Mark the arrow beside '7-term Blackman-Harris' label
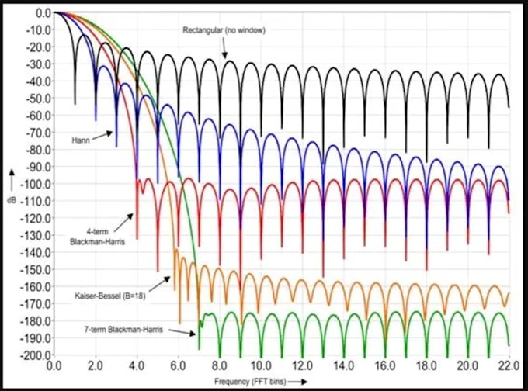click(182, 333)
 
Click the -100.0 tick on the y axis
click(37, 184)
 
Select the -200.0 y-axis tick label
click(37, 355)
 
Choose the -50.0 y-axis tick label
click(39, 99)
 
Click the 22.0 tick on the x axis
click(508, 365)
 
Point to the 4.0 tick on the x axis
click(137, 365)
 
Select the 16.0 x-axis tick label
click(384, 365)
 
